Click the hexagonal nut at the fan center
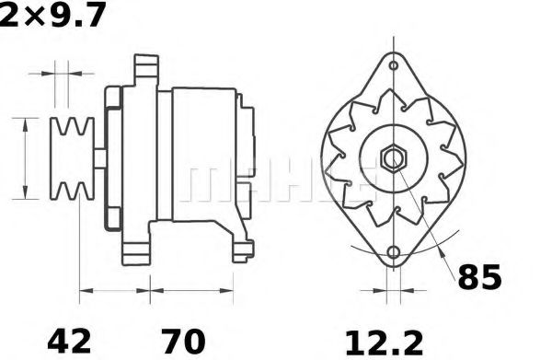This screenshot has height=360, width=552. pos(394,157)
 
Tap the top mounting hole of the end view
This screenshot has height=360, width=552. pos(394,67)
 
